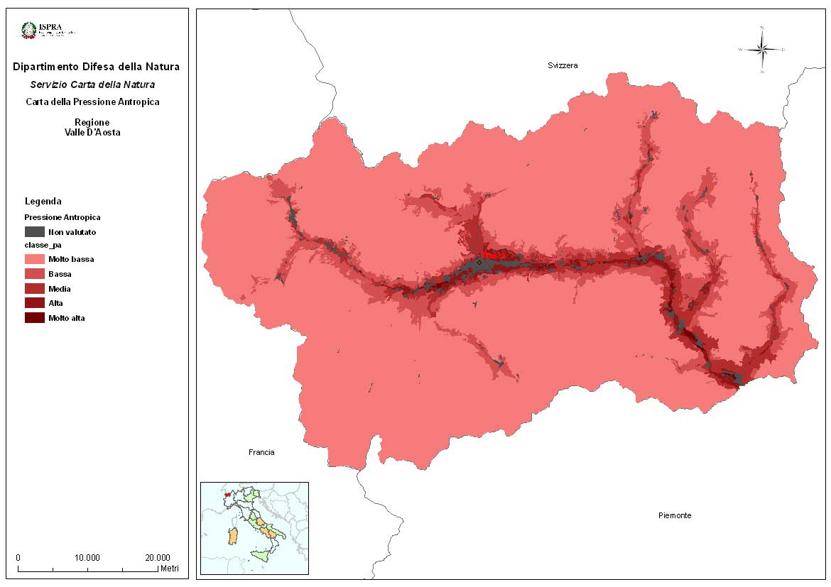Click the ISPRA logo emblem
(x=29, y=30)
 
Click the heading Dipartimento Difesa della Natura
(x=96, y=67)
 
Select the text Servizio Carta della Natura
(x=92, y=84)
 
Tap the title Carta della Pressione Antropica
(x=92, y=102)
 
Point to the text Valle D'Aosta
(x=92, y=132)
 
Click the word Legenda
(x=43, y=201)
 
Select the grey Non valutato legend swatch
(x=34, y=231)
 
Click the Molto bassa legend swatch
(x=34, y=259)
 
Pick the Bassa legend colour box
(x=34, y=274)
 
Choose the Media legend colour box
(x=34, y=289)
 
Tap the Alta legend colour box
(x=34, y=303)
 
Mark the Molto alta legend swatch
(x=34, y=318)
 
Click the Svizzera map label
(x=563, y=65)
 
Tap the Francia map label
(x=261, y=452)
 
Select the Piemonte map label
(x=674, y=515)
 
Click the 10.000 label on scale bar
(x=87, y=557)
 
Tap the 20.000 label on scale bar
(x=157, y=557)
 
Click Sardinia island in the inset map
(x=232, y=536)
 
